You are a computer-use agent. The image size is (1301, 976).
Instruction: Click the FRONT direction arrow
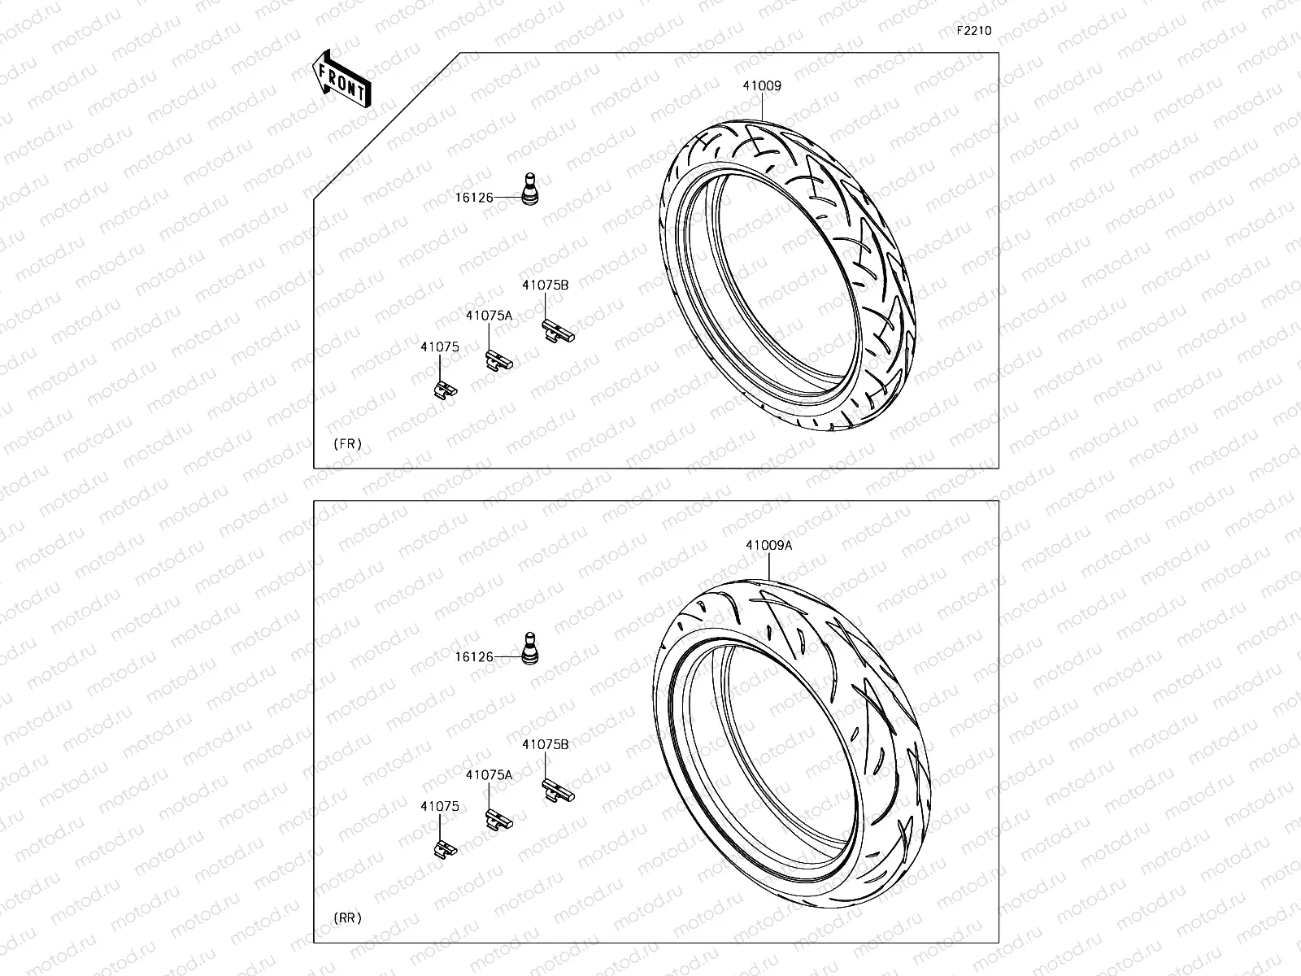[x=341, y=79]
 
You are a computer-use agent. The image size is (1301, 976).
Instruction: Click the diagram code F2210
[x=973, y=31]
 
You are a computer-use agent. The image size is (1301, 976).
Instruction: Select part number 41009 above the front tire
[x=761, y=85]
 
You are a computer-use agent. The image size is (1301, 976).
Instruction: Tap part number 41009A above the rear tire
[x=768, y=546]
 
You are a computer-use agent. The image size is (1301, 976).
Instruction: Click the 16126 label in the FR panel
[x=474, y=198]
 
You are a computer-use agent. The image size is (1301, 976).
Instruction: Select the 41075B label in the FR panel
[x=545, y=285]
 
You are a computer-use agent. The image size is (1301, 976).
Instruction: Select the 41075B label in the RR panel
[x=545, y=744]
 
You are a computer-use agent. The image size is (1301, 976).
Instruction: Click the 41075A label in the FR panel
[x=489, y=316]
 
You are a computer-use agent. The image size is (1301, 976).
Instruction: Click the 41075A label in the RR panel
[x=489, y=775]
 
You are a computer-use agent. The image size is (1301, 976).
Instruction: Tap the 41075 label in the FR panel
[x=439, y=346]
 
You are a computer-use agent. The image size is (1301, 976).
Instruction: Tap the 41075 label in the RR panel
[x=439, y=807]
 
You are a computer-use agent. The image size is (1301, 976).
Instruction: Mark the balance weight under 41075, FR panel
[x=444, y=389]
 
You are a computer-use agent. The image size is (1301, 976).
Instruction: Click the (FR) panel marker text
[x=347, y=444]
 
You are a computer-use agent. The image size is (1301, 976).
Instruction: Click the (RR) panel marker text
[x=347, y=918]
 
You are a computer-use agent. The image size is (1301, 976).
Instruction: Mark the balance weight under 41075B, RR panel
[x=557, y=788]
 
